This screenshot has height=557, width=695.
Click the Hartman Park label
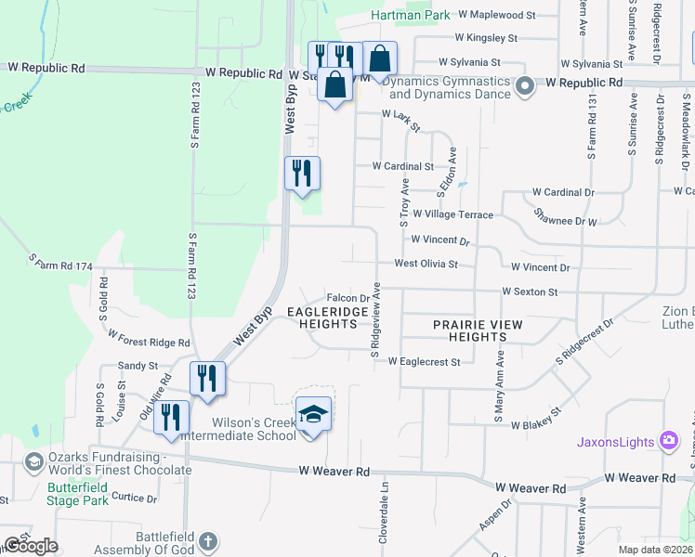tap(410, 15)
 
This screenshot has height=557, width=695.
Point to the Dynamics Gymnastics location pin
tap(524, 88)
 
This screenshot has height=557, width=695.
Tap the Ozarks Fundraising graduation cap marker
tap(34, 461)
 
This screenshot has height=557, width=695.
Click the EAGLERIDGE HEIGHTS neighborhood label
tap(321, 317)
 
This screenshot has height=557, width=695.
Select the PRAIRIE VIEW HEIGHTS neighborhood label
tap(478, 330)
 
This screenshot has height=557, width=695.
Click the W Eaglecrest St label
tap(424, 361)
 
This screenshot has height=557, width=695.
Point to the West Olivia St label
tap(426, 264)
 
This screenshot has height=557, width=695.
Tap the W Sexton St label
tap(529, 291)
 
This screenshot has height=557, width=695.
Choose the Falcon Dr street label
tap(348, 298)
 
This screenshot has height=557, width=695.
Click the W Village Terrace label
tap(453, 214)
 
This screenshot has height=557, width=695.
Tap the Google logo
tap(31, 545)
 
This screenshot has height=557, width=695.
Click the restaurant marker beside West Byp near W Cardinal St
tap(302, 175)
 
